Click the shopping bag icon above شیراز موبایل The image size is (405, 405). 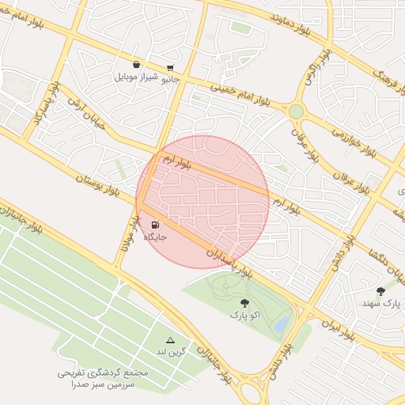[137, 65]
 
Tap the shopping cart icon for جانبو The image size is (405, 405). [171, 68]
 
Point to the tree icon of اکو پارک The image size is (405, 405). [243, 302]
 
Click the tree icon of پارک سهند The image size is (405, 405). [380, 291]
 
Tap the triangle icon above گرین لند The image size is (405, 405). [169, 339]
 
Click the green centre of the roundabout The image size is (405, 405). [296, 112]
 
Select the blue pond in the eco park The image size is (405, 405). [279, 324]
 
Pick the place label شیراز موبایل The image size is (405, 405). [137, 78]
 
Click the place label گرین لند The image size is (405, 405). [169, 351]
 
